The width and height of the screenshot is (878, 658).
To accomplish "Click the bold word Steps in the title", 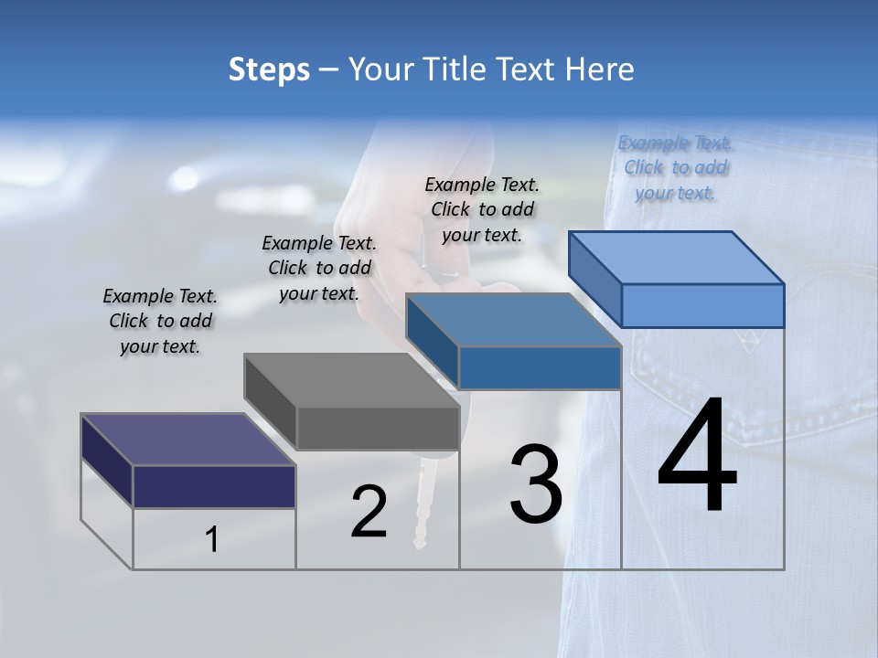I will (269, 69).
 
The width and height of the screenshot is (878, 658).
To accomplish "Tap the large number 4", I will (697, 457).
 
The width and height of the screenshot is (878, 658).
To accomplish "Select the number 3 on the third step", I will (536, 484).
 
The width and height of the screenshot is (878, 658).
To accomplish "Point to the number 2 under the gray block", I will (369, 512).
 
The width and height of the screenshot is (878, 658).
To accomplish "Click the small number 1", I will (211, 540).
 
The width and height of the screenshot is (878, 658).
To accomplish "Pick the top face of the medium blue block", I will (513, 320).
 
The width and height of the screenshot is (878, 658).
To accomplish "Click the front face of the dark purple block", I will (214, 486).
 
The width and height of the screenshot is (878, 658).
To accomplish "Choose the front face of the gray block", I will (378, 428).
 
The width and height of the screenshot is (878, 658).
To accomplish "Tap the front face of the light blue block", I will (702, 305).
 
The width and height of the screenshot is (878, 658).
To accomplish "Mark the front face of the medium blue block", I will (540, 367).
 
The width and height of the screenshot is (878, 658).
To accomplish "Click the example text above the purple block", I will (160, 322).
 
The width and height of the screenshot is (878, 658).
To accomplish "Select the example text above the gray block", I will (319, 269).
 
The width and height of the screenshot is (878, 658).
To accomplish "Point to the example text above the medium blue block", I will (482, 209).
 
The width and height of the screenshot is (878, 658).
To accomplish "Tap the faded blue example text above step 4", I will (675, 168).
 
